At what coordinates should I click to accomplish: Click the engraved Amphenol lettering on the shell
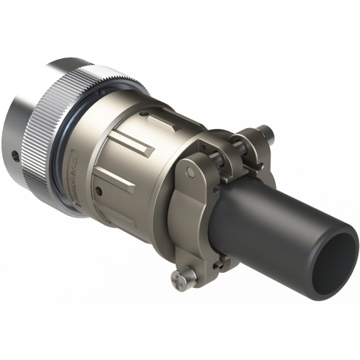pos(83,176)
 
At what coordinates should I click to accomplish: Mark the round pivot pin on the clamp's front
pos(189,171)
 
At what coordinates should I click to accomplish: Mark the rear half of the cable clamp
pos(252,155)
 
